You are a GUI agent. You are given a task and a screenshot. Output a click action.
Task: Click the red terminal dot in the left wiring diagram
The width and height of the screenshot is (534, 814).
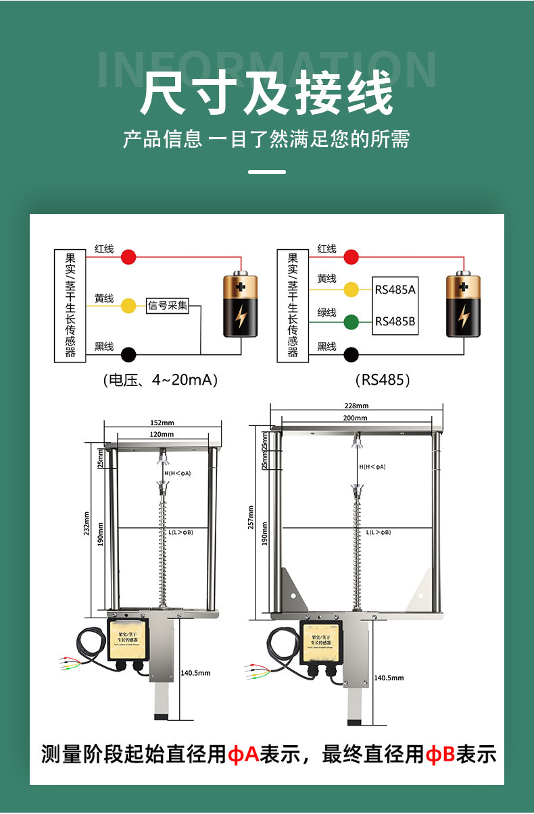128,256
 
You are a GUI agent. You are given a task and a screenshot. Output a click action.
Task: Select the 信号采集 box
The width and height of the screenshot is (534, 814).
168,306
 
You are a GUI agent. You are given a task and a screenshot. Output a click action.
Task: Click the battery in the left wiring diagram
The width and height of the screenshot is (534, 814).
241,305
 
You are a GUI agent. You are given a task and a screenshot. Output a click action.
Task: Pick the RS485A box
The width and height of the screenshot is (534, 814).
395,290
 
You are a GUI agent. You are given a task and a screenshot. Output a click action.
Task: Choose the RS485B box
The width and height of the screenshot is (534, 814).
395,321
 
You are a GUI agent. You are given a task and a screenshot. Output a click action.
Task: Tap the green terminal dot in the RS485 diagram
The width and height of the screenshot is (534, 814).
351,322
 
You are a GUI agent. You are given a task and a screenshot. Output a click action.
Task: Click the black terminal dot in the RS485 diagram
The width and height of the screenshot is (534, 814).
351,354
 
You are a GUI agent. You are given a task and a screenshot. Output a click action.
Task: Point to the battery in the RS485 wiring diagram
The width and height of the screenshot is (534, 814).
463,305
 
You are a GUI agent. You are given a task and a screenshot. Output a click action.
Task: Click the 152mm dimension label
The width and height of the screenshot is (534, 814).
162,423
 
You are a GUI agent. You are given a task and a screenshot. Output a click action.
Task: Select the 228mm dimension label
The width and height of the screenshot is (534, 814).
356,406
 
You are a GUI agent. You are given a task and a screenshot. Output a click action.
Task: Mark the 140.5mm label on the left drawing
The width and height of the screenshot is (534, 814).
196,673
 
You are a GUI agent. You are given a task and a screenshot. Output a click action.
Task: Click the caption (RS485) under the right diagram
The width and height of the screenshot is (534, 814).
383,380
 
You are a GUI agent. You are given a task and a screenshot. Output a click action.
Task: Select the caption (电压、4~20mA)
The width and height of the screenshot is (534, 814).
160,380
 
